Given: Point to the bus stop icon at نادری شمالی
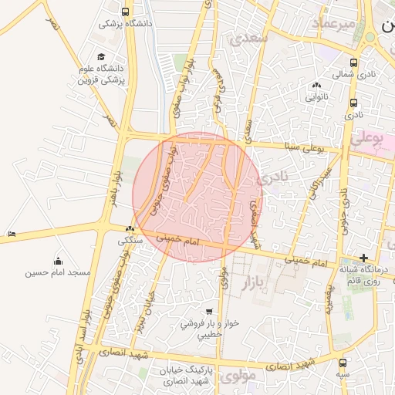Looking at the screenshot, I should pos(353,63).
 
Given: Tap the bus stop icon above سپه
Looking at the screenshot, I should pos(343,363).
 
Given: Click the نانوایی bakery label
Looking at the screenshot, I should pos(317,97).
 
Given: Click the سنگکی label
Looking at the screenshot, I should pos(130,240).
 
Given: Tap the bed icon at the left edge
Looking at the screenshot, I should pos(11,234).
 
